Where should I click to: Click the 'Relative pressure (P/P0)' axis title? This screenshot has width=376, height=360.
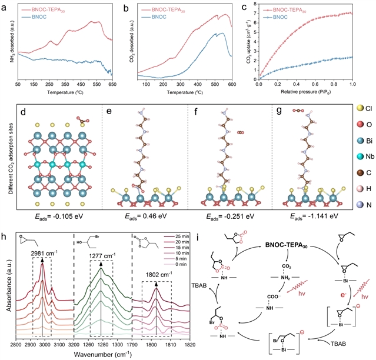tap(305, 94)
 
